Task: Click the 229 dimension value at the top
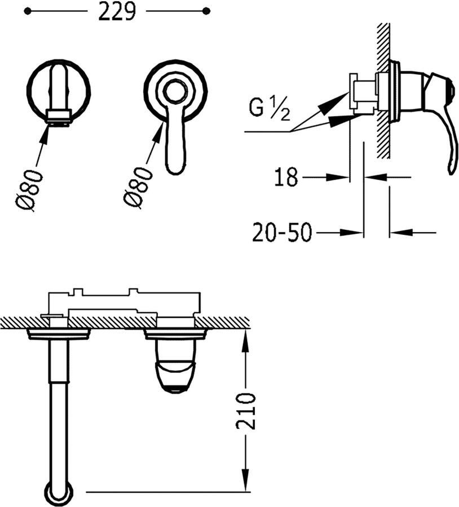pyautogui.click(x=117, y=11)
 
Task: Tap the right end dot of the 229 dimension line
pyautogui.click(x=206, y=11)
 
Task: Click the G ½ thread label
pyautogui.click(x=270, y=109)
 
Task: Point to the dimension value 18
pyautogui.click(x=286, y=177)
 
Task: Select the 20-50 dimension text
pyautogui.click(x=281, y=232)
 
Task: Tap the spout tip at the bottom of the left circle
pyautogui.click(x=59, y=117)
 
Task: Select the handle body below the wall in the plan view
pyautogui.click(x=175, y=366)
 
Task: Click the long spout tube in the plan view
pyautogui.click(x=58, y=411)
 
